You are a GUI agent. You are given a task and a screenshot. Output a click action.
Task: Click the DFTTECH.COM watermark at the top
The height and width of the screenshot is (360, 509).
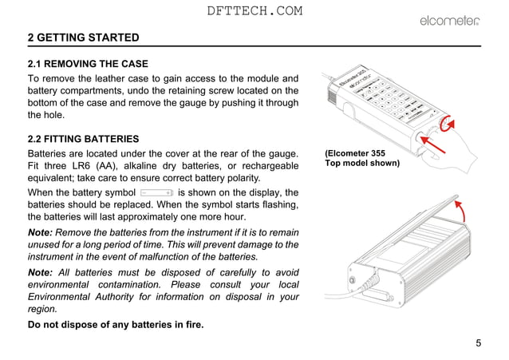[254, 10]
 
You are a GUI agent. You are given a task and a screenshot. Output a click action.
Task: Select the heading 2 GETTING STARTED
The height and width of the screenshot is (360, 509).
[83, 38]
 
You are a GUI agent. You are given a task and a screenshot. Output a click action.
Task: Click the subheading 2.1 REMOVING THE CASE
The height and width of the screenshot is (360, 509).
[88, 63]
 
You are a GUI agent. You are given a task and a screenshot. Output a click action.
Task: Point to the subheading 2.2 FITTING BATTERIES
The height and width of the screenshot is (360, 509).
[83, 138]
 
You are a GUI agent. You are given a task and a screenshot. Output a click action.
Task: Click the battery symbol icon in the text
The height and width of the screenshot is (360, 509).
[156, 192]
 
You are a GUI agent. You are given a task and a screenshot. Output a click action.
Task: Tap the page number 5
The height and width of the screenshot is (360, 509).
[478, 343]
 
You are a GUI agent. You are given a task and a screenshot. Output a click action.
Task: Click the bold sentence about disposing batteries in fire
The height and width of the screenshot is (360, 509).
[115, 324]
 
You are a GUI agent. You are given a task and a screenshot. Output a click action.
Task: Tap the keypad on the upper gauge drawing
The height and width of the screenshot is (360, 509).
[387, 95]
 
